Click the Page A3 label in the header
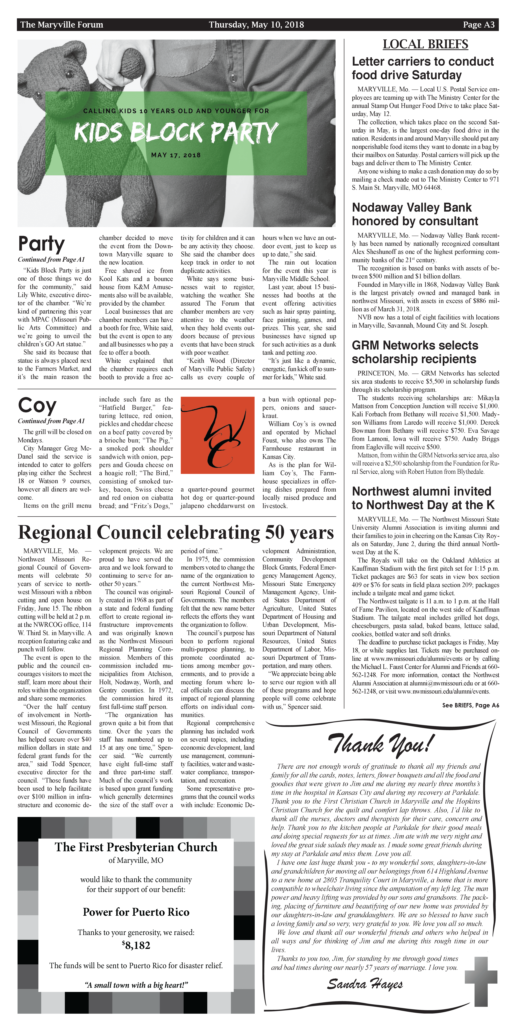pyautogui.click(x=478, y=25)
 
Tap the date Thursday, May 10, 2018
pyautogui.click(x=256, y=25)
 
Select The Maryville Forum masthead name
pyautogui.click(x=62, y=25)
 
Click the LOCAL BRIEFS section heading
pyautogui.click(x=425, y=44)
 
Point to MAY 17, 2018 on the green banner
pyautogui.click(x=176, y=155)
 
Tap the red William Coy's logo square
pyautogui.click(x=217, y=435)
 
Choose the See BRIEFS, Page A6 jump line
pyautogui.click(x=470, y=705)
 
